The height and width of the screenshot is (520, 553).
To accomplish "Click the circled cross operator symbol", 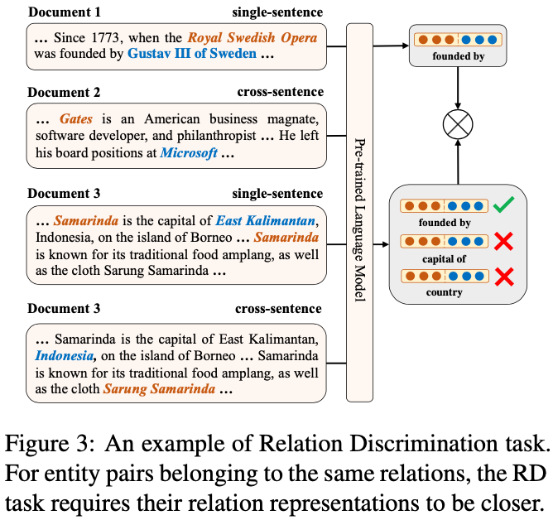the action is pos(458,124).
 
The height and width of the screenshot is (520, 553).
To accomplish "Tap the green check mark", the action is pos(503,205).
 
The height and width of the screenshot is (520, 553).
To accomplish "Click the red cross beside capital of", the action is pos(503,241).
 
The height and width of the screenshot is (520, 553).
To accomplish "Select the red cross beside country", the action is pos(504,277).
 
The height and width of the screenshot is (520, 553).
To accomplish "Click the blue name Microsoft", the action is pos(189,153).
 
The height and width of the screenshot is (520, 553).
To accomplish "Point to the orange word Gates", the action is pos(76,119).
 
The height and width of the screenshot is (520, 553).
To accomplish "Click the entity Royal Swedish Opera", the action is pos(252,38).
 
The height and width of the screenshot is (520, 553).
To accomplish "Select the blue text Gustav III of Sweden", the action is pos(192,54).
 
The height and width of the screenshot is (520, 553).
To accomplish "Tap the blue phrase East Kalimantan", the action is pos(265,221).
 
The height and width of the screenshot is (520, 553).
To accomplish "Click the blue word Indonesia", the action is pos(65,355).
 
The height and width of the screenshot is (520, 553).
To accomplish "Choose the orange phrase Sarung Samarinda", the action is pos(159,389).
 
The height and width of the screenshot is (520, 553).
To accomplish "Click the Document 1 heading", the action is pos(65,12).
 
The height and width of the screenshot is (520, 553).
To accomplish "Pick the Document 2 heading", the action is pos(64,93).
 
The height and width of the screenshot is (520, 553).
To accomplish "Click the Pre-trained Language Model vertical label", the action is pos(360,219).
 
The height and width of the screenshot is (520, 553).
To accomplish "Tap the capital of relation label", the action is pos(444,259).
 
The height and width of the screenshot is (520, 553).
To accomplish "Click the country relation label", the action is pos(444,292).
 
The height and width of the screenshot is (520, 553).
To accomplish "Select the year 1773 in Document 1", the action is pos(105,38).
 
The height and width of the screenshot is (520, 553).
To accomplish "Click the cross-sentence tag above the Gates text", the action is pos(281,92).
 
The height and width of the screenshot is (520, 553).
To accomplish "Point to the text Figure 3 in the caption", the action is pos(50,444).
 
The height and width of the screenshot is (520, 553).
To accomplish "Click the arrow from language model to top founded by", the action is pos(391,46).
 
